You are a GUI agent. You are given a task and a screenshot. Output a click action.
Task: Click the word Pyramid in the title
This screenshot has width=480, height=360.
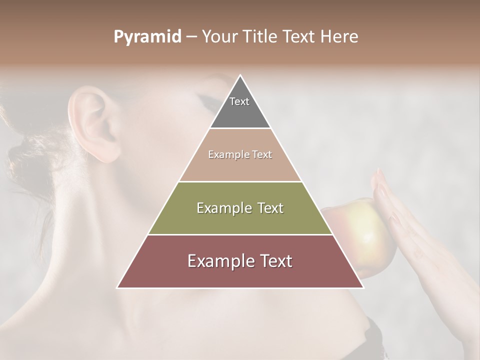(x=147, y=37)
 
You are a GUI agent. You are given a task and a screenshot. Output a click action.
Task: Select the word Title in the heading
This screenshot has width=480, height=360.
(x=260, y=37)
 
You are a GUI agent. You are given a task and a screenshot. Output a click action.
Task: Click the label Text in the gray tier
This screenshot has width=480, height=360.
(x=239, y=101)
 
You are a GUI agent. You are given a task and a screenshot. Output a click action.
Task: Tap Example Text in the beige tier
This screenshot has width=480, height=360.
(x=240, y=154)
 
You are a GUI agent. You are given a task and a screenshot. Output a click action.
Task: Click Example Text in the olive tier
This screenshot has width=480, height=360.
(x=240, y=208)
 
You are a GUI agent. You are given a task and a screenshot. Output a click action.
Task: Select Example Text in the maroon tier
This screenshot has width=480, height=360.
(x=240, y=261)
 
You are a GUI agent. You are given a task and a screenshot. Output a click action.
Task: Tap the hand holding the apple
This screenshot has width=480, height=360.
(x=415, y=235)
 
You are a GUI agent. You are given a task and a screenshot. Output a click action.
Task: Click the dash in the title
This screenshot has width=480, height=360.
(x=191, y=37)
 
